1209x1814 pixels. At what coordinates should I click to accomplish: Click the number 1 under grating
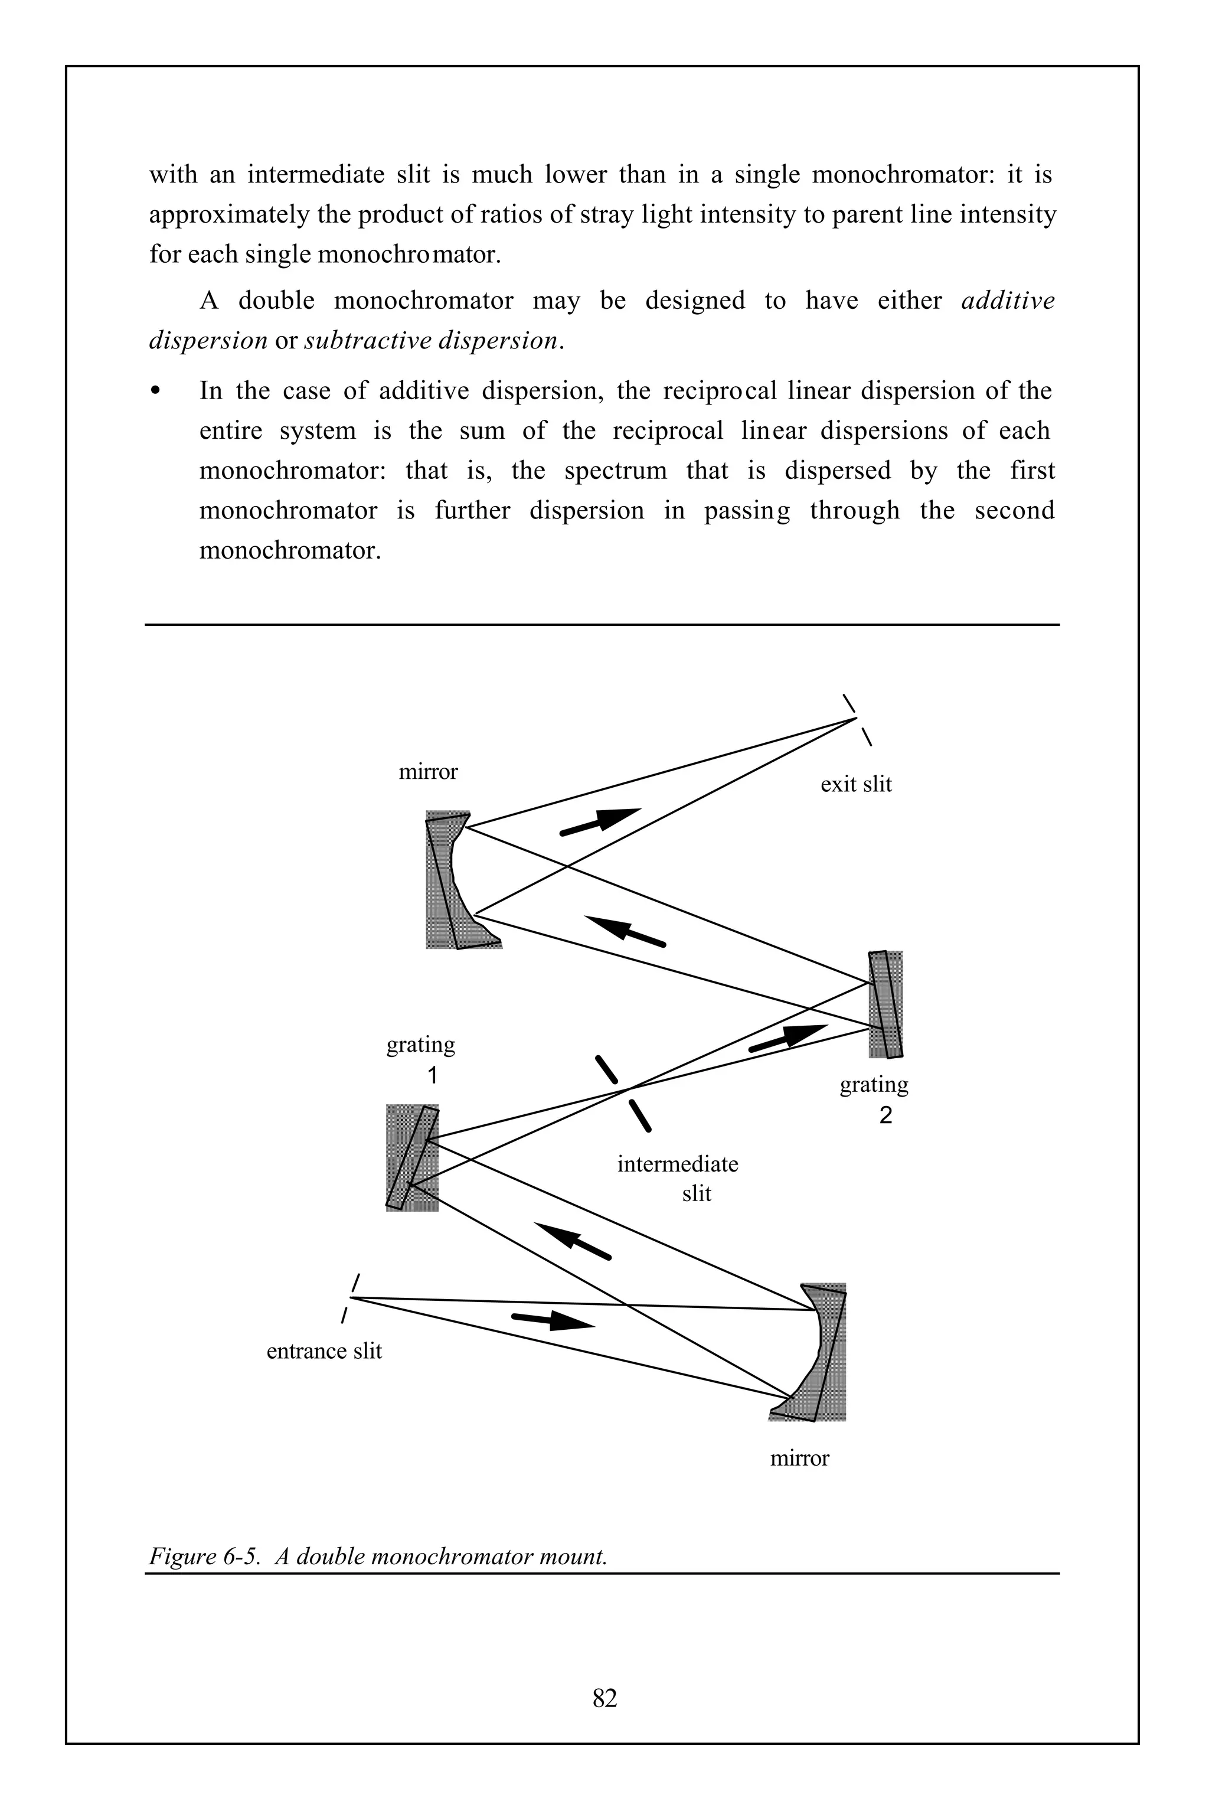(x=433, y=1075)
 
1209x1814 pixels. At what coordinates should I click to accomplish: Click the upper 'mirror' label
(x=428, y=772)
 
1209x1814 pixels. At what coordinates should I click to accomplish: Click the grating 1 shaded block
(x=411, y=1157)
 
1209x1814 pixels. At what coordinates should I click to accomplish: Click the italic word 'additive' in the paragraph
(x=1007, y=300)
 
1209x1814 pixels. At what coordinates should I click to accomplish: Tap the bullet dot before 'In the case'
(x=156, y=391)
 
